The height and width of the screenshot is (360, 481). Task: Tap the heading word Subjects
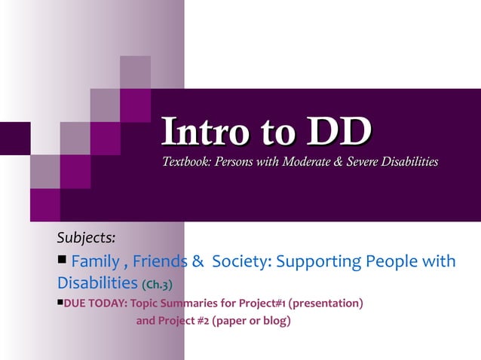[87, 237]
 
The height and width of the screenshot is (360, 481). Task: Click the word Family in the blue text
[95, 262]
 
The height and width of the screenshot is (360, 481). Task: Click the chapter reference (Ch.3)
[158, 285]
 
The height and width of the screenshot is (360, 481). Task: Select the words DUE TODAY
[96, 304]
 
